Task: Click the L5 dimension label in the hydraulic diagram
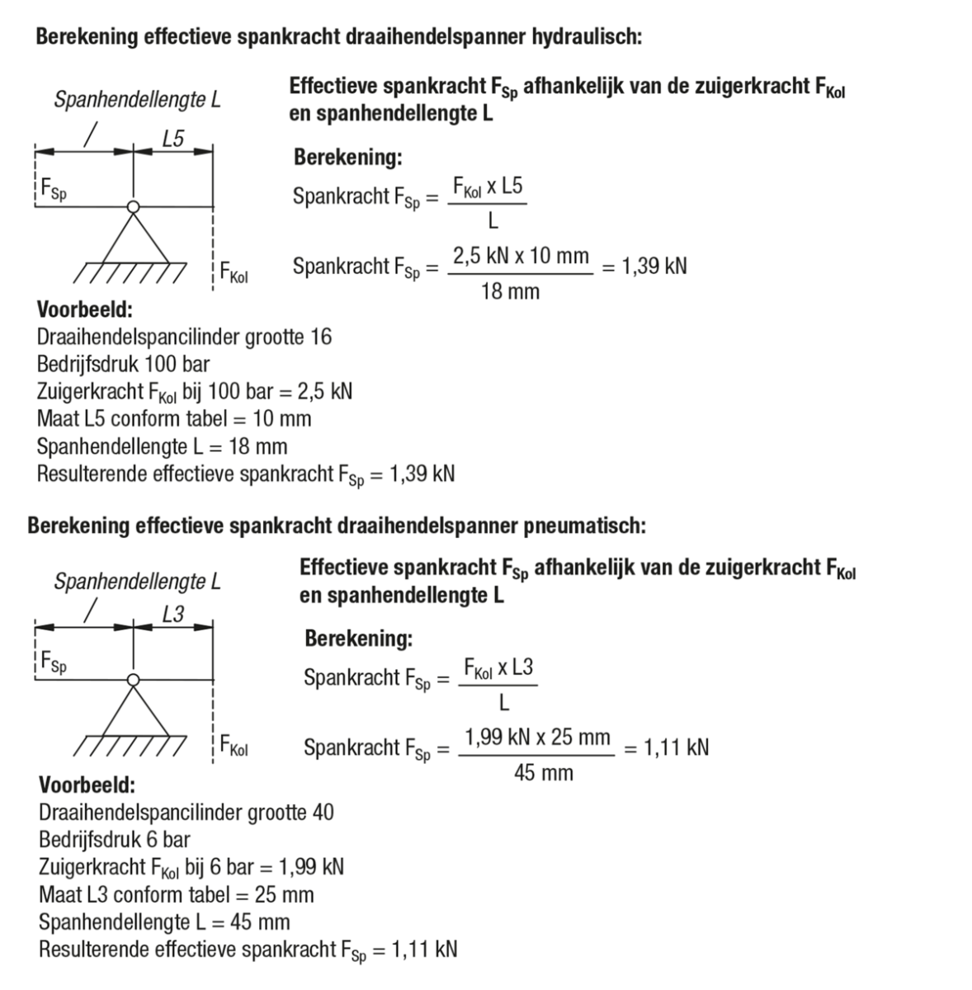(173, 139)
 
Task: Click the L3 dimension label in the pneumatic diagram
(173, 615)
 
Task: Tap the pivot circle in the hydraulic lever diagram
(133, 206)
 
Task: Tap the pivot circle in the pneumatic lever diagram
(133, 680)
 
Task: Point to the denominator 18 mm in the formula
(510, 291)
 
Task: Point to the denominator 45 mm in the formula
(543, 773)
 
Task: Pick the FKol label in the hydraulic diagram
(234, 271)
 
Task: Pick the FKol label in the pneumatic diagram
(234, 746)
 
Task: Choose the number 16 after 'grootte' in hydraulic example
(321, 337)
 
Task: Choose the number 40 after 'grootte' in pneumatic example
(323, 812)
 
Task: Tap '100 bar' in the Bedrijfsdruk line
(177, 364)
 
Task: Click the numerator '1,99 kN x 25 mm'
(537, 737)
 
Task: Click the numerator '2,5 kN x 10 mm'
(521, 256)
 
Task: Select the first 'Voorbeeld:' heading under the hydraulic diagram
(85, 310)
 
